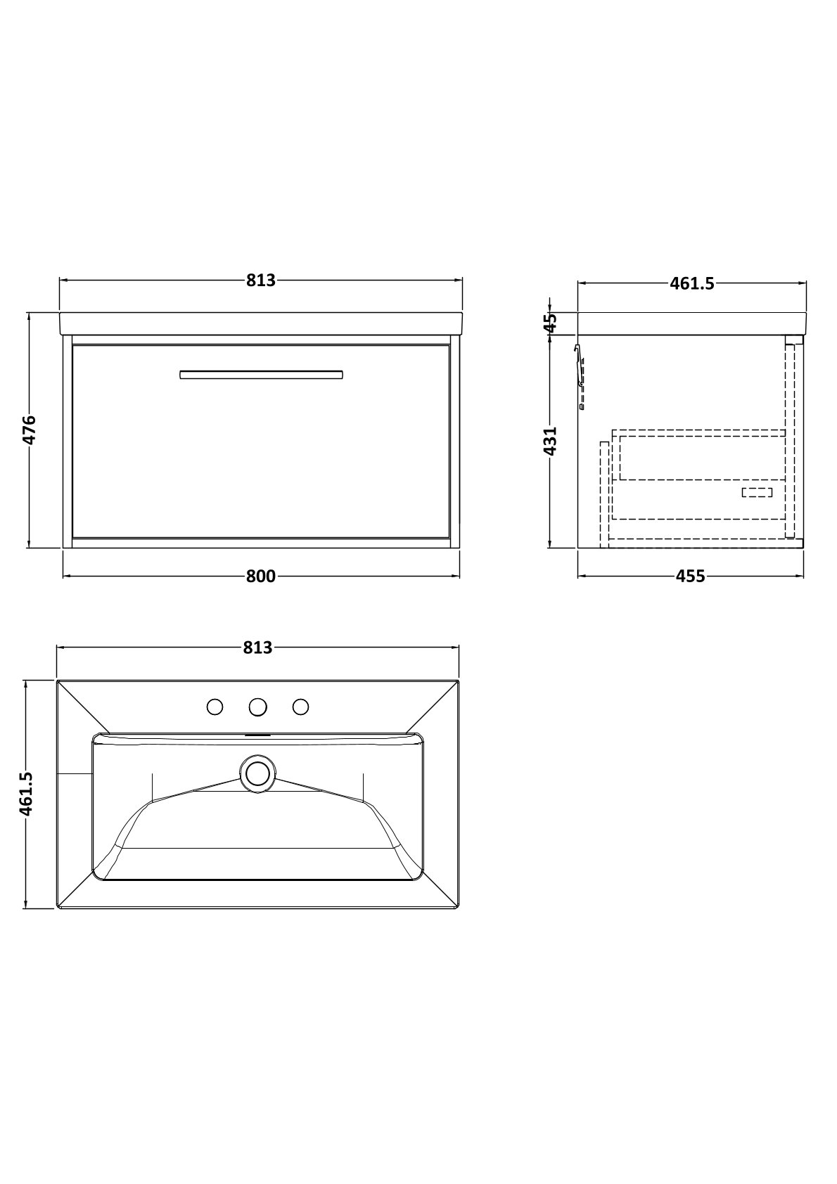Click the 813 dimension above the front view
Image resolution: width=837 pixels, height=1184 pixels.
(x=261, y=280)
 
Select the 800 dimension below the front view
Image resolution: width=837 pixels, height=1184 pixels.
(x=261, y=576)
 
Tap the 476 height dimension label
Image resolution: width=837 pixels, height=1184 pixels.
(x=30, y=430)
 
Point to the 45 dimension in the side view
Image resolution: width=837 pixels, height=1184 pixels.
(x=551, y=322)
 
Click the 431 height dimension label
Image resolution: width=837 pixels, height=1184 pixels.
(x=551, y=441)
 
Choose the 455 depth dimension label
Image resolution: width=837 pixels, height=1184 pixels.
(x=691, y=576)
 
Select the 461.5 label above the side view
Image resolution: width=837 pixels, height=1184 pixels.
(x=692, y=284)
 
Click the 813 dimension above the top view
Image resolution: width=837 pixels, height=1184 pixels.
(x=257, y=647)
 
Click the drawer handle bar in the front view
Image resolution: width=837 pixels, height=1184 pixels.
(x=261, y=375)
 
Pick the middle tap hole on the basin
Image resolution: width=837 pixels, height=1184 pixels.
(x=257, y=707)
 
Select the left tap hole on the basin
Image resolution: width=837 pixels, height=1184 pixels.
(x=215, y=707)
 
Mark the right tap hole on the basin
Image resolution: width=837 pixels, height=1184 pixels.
(x=300, y=707)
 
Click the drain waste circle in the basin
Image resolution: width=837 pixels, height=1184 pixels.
(x=257, y=773)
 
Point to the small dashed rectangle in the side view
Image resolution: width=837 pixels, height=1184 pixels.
(x=757, y=492)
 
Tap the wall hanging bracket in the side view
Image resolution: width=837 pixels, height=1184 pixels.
(x=580, y=376)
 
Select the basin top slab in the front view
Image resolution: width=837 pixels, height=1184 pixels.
(x=261, y=323)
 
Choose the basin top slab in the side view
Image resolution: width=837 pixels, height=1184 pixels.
(x=692, y=323)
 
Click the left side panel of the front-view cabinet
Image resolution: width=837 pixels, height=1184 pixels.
(x=67, y=442)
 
